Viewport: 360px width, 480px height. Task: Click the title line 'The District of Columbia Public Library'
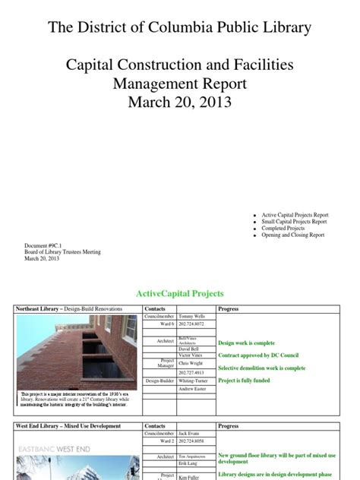coord(180,28)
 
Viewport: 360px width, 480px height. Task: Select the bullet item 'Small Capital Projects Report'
coord(294,221)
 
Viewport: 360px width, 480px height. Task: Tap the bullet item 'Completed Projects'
coord(283,228)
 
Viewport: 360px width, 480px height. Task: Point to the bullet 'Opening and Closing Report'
coord(292,235)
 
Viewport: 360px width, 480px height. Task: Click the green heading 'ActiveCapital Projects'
coord(179,293)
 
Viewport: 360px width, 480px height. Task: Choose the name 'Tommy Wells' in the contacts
coord(192,316)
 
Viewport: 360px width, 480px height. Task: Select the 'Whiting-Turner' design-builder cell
coord(197,381)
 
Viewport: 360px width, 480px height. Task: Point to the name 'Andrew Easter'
coord(194,390)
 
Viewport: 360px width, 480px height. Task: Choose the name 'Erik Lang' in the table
coord(190,463)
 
